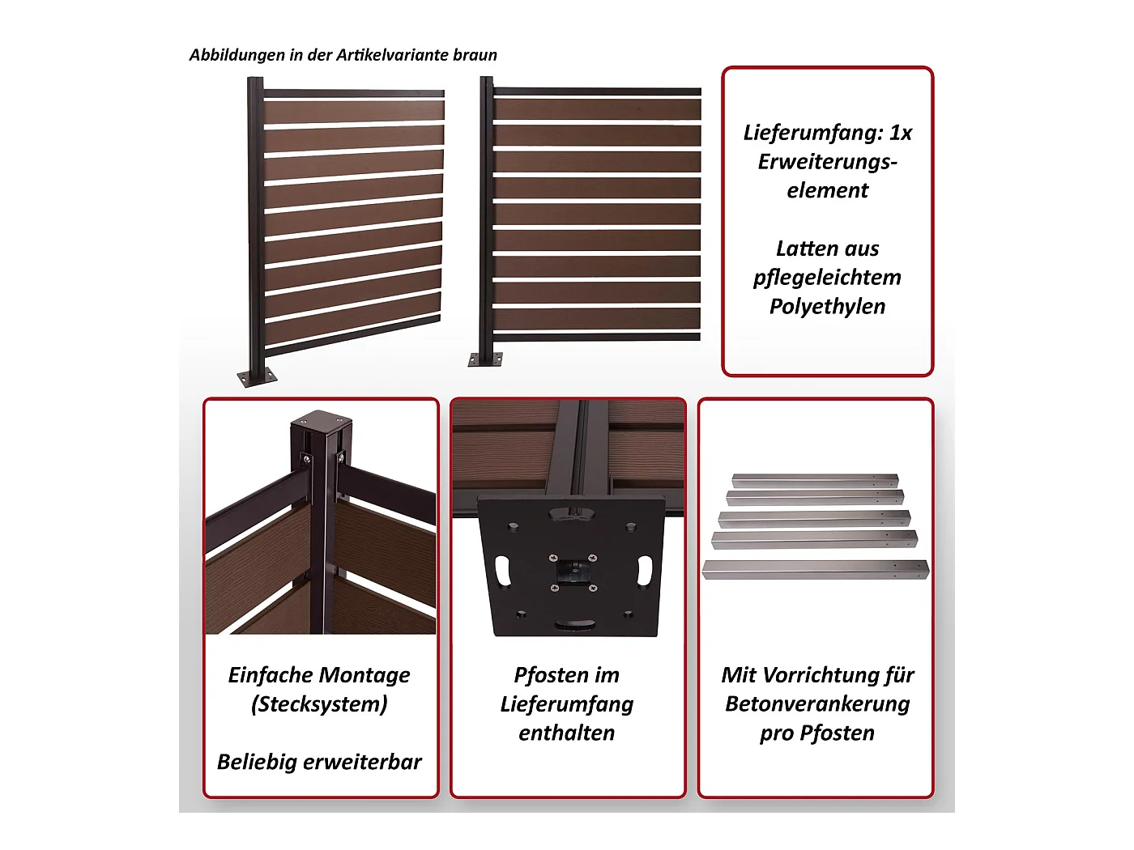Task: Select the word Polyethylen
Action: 827,307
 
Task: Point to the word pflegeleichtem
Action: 827,278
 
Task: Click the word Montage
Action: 364,675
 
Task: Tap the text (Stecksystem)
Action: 319,704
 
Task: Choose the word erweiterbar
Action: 362,762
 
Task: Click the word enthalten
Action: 567,733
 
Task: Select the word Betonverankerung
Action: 817,704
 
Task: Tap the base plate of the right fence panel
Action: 485,359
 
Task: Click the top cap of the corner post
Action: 322,419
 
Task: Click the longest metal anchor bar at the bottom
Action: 815,570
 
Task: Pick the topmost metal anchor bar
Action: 815,481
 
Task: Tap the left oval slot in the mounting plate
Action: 503,570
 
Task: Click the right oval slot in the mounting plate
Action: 644,570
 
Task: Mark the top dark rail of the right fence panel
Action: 597,91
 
